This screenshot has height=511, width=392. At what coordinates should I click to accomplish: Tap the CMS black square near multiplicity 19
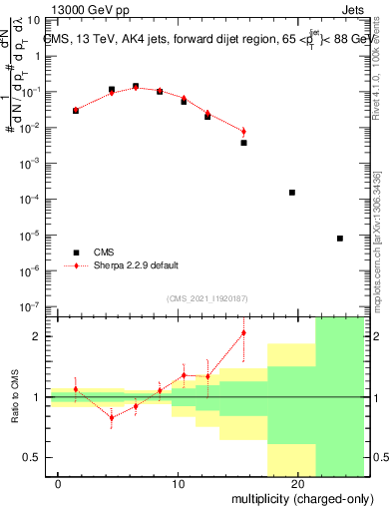(292, 192)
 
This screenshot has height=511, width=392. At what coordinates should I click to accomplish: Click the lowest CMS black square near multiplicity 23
(340, 239)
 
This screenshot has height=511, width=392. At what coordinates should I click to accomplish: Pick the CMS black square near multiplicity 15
(243, 143)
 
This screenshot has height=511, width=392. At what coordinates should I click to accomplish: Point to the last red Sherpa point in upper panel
(243, 132)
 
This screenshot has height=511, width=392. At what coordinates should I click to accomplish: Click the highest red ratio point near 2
(243, 332)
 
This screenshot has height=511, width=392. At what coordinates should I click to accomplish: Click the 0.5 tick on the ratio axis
(37, 457)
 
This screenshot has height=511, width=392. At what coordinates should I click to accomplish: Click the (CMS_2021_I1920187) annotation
(205, 297)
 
